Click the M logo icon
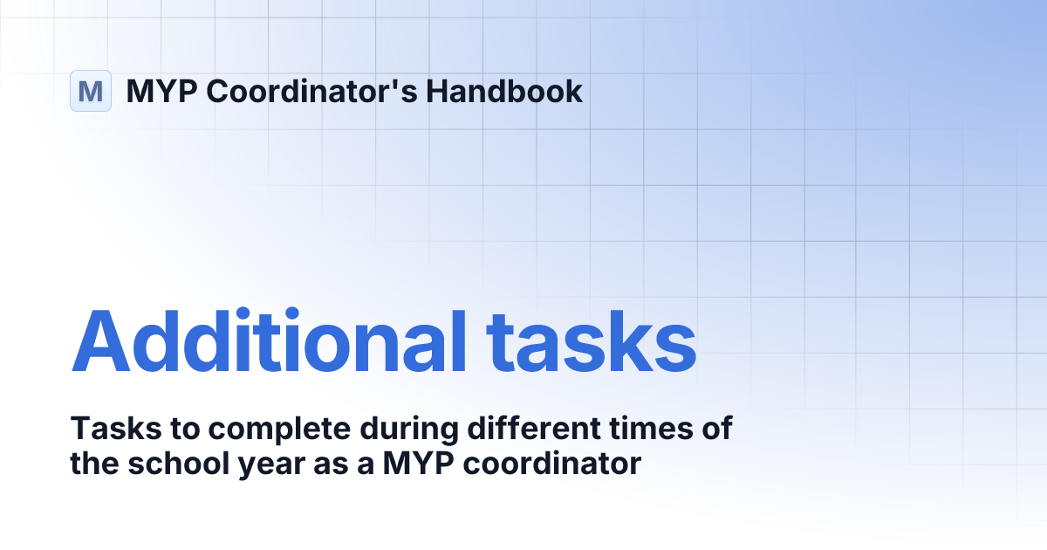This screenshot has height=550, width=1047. (91, 91)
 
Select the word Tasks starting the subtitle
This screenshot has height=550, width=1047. (106, 430)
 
